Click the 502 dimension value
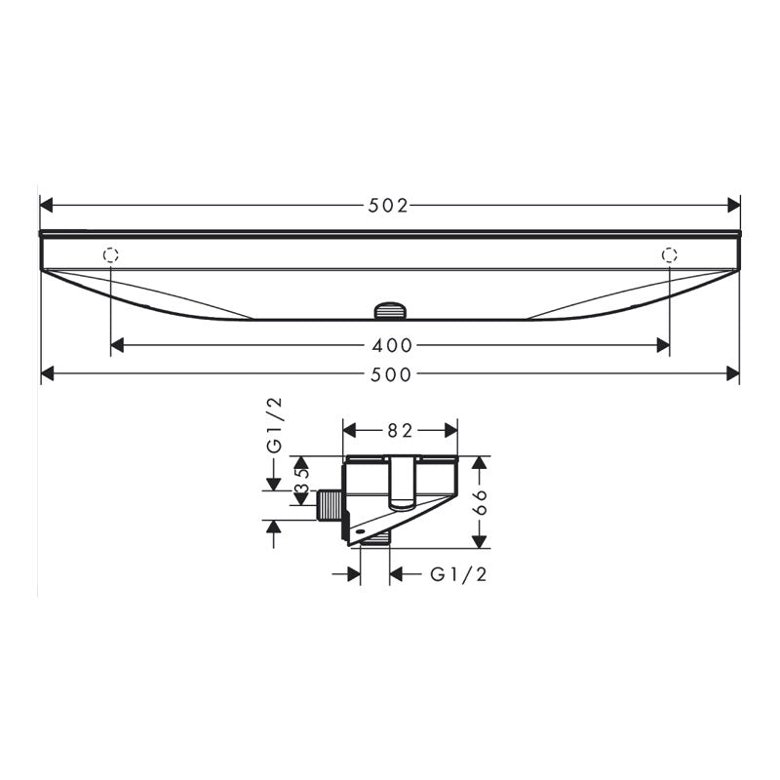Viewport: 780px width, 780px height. tap(388, 206)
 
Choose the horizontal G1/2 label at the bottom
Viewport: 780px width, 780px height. tap(458, 574)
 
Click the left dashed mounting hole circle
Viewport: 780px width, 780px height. tap(111, 254)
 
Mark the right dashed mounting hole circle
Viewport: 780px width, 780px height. tap(669, 254)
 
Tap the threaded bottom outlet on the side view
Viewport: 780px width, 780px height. tap(375, 539)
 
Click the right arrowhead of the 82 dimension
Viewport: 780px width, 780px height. tap(451, 429)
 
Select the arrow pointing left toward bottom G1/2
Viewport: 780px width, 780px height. tap(398, 574)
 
